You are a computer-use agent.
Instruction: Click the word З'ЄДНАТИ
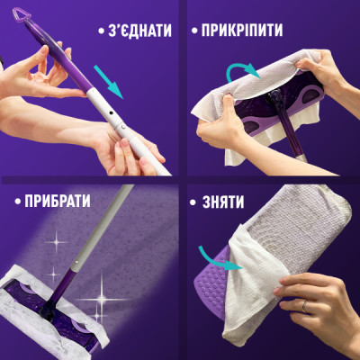coord(132,30)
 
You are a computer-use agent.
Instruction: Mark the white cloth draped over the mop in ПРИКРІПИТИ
coord(270,81)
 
